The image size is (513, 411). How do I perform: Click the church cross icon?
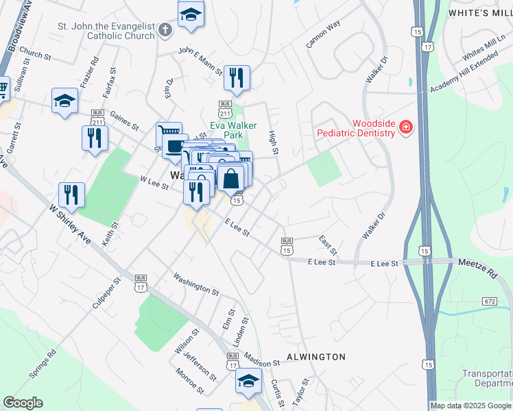point(165,30)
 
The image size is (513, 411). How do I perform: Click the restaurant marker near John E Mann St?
point(237,78)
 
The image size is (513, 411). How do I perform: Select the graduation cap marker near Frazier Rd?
point(65,101)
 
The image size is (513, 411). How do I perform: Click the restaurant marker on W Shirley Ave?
point(71,195)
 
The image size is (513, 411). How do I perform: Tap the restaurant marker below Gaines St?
point(95,138)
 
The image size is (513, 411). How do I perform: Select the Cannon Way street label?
point(324,34)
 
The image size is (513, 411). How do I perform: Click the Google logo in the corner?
point(23,403)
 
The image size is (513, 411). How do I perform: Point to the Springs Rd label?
point(42,367)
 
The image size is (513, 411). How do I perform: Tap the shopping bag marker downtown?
point(232,179)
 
